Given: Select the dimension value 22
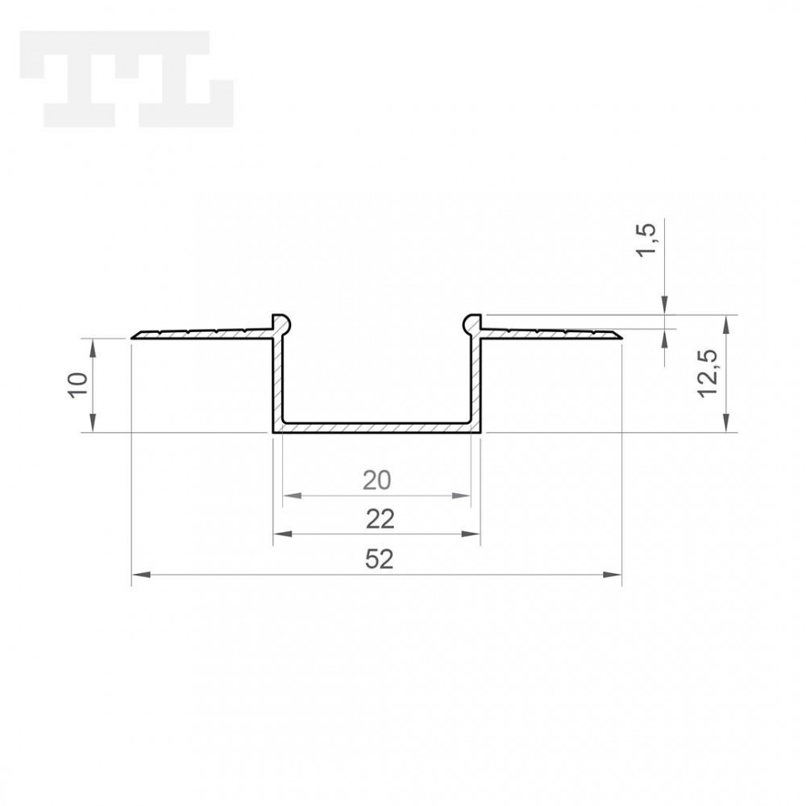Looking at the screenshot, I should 377,520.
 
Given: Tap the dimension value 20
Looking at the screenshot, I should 376,480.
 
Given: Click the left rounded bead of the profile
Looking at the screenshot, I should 279,322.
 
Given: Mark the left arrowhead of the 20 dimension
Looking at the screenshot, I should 290,495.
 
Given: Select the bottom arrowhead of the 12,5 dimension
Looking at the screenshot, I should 728,426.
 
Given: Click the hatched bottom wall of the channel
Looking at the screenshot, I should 376,426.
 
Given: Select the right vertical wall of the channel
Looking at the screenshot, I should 476,379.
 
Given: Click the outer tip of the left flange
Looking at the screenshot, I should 135,335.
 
